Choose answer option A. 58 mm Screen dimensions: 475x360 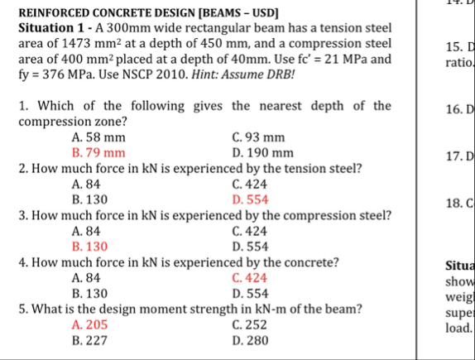point(98,137)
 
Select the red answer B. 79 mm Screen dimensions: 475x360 point(98,153)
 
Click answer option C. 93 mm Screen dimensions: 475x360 point(260,137)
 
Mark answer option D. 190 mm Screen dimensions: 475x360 point(263,153)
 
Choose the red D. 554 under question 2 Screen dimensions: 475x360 point(251,200)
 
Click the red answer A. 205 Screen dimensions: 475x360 point(89,324)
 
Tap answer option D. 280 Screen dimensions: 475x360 point(251,340)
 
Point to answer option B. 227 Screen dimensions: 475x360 point(89,340)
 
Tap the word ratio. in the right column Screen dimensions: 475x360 point(458,62)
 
